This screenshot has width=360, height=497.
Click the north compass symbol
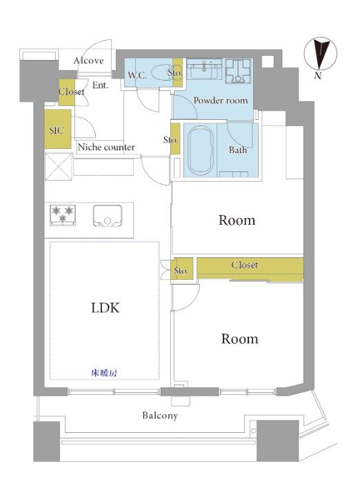pyautogui.click(x=321, y=58)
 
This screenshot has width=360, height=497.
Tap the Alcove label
pyautogui.click(x=88, y=61)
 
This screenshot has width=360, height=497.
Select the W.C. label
pyautogui.click(x=137, y=76)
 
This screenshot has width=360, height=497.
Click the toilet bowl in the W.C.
pyautogui.click(x=162, y=74)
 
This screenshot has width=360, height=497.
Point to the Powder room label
pyautogui.click(x=221, y=101)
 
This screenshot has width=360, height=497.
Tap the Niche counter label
pyautogui.click(x=106, y=147)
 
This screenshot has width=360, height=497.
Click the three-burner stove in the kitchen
pyautogui.click(x=63, y=216)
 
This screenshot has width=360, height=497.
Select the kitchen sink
pyautogui.click(x=108, y=216)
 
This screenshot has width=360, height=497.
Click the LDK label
pyautogui.click(x=106, y=307)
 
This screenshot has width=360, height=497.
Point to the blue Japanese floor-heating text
pyautogui.click(x=104, y=373)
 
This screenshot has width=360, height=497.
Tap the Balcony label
pyautogui.click(x=160, y=416)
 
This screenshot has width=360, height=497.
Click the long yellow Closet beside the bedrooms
pyautogui.click(x=250, y=270)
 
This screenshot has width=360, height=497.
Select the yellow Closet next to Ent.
pyautogui.click(x=67, y=92)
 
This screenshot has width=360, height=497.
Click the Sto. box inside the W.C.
pyautogui.click(x=178, y=74)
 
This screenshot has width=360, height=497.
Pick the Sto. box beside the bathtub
pyautogui.click(x=175, y=139)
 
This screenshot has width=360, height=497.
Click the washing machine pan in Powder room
pyautogui.click(x=238, y=71)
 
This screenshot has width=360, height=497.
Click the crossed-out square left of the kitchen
pyautogui.click(x=59, y=166)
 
